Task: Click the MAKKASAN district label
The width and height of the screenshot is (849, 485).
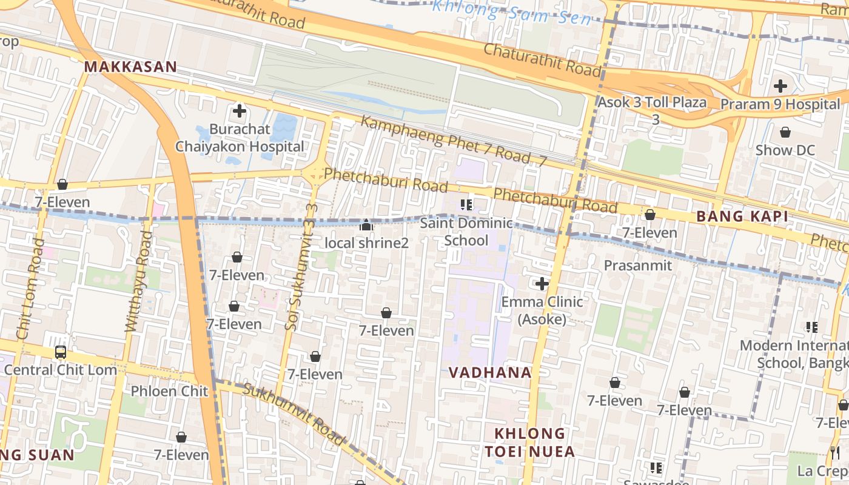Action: tap(130, 67)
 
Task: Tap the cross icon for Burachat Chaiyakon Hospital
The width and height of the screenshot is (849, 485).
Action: tap(240, 111)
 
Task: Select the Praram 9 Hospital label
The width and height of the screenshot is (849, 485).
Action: tap(780, 104)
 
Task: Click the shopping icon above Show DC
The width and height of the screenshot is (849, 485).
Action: tap(785, 132)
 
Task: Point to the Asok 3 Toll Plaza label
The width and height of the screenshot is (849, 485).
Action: tap(652, 102)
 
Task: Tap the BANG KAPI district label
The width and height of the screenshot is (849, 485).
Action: tap(742, 216)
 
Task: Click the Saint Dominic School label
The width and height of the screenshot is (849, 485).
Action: tap(466, 232)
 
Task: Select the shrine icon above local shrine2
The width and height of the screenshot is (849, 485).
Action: tap(366, 226)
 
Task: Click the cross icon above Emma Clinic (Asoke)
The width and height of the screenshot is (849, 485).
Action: tap(542, 283)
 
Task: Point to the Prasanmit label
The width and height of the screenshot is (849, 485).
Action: tap(637, 265)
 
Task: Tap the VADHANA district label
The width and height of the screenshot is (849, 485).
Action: tap(490, 372)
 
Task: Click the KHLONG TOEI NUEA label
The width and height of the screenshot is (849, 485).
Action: tap(529, 443)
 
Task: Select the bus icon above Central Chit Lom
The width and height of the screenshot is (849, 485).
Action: tap(61, 352)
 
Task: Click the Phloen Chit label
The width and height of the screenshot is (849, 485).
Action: tap(169, 391)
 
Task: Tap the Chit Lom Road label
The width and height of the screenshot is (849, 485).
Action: tap(30, 289)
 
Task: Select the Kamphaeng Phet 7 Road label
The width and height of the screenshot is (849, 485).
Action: tap(446, 140)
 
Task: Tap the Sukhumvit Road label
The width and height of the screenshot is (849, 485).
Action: tap(294, 413)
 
